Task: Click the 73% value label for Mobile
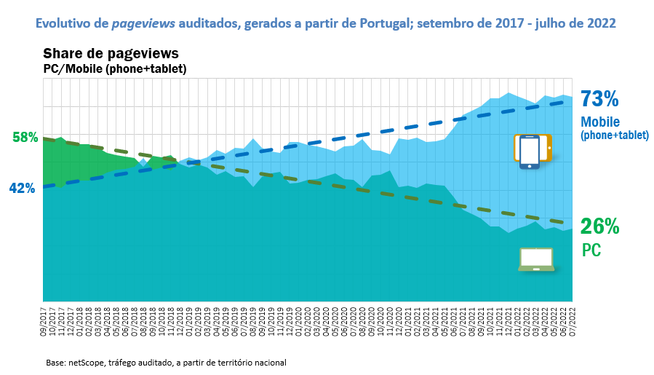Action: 599,98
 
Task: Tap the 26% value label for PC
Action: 600,226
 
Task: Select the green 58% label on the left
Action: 25,137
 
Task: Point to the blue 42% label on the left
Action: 22,188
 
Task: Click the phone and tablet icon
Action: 533,151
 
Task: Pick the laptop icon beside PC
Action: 536,259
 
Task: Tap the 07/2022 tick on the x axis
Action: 573,320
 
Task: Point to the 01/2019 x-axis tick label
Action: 190,320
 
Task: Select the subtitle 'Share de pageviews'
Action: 111,54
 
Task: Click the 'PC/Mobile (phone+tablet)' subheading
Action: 115,68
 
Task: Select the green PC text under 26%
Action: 591,250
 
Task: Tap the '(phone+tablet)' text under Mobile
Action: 614,135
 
